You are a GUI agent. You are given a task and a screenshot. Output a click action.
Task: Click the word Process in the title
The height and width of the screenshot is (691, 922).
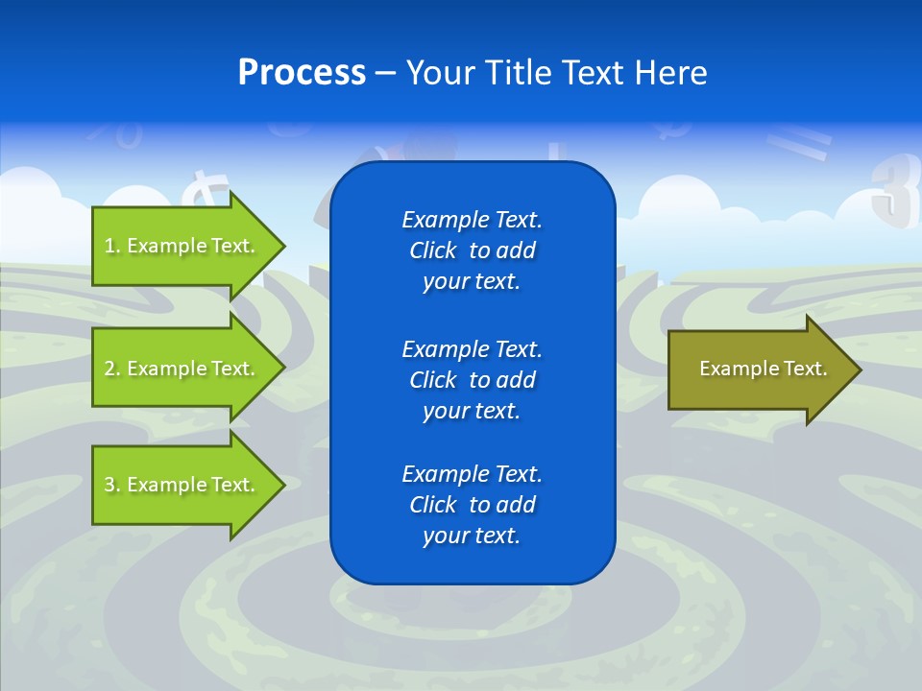coord(302,73)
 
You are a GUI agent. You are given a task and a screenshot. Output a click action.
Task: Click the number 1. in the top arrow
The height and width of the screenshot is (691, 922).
coord(111,246)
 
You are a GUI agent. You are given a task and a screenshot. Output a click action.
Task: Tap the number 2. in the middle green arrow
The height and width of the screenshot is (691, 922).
coord(111,369)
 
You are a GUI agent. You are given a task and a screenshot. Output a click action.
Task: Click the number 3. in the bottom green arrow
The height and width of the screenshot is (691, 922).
coord(111,485)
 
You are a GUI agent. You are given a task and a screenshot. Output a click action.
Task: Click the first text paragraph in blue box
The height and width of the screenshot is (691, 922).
coord(472,250)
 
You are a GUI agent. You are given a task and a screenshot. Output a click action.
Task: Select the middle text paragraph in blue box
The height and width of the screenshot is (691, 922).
coord(472,380)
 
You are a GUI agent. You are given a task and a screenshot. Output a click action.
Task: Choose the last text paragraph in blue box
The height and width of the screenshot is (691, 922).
coord(472,505)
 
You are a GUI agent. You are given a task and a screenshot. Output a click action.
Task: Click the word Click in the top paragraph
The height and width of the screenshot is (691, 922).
coord(432,250)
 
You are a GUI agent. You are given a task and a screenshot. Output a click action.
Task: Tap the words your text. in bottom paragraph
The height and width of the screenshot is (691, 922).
coord(472,536)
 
